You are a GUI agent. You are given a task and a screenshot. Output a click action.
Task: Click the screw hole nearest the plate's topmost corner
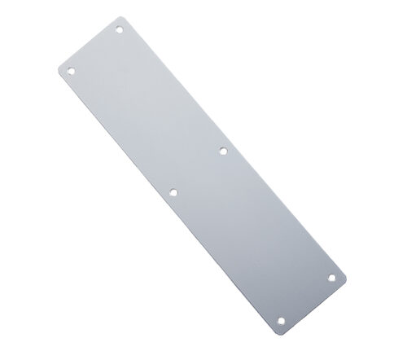[x=119, y=30]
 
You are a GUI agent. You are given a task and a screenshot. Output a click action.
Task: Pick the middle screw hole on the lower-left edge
[x=173, y=192]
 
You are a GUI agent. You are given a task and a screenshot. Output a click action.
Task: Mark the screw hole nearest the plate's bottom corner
[x=283, y=320]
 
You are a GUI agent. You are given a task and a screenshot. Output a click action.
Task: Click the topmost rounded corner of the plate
[x=129, y=17]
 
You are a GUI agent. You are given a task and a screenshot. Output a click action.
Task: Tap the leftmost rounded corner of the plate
[x=59, y=69]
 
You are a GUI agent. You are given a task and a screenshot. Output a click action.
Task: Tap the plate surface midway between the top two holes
[x=95, y=50]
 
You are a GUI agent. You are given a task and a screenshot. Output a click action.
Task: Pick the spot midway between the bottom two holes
[x=308, y=299]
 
